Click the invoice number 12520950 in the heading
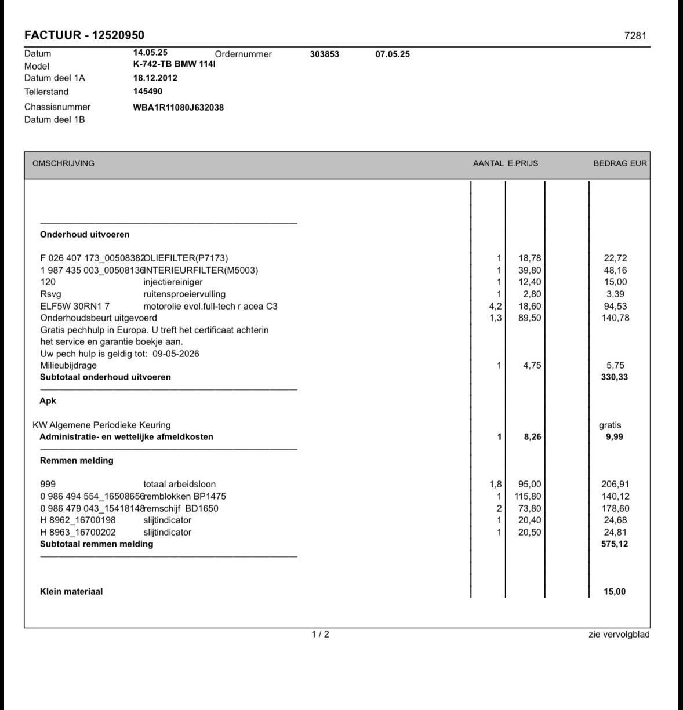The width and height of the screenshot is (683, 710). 118,35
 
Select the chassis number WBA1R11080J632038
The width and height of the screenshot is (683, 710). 178,107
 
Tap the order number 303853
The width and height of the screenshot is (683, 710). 325,54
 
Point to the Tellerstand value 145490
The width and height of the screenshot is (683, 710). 148,92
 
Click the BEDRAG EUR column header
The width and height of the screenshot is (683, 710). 620,163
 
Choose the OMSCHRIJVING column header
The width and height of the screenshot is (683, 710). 63,163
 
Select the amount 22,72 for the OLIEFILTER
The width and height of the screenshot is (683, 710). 615,258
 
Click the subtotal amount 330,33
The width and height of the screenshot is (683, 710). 615,377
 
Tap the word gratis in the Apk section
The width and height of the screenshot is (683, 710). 610,425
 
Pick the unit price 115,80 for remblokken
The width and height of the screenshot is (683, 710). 528,497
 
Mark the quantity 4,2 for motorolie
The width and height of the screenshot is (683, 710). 495,306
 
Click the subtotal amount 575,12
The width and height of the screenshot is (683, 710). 615,544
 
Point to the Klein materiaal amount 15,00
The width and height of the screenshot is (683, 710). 615,592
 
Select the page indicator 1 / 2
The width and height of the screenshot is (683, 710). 320,634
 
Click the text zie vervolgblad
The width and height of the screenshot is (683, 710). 619,635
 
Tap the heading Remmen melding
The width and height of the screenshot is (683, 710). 77,461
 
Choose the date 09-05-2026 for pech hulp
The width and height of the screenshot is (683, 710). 176,354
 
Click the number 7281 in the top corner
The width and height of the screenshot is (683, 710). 635,36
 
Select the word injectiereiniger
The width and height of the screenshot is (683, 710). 173,282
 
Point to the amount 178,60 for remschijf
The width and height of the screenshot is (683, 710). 615,508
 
